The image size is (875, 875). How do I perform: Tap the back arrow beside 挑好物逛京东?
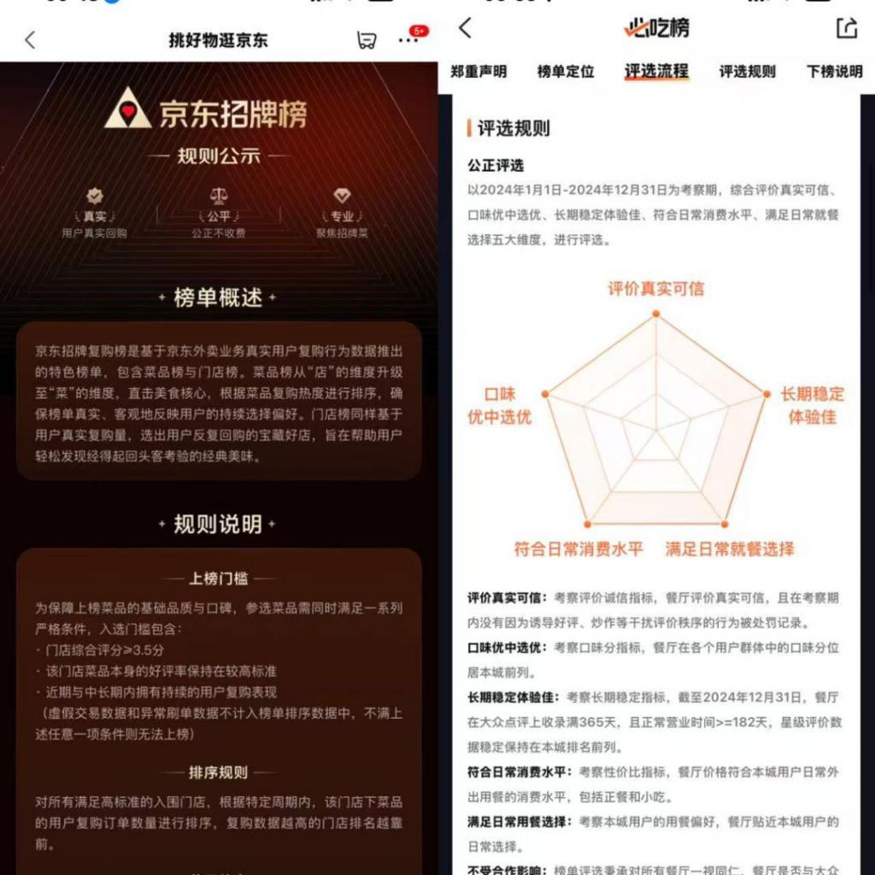pyautogui.click(x=30, y=40)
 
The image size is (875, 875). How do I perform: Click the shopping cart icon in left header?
pyautogui.click(x=367, y=40)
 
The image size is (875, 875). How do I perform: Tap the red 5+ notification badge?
pyautogui.click(x=418, y=32)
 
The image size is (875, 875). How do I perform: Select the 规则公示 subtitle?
pyautogui.click(x=218, y=156)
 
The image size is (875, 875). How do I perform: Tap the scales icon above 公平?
pyautogui.click(x=218, y=197)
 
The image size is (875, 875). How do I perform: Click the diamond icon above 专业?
pyautogui.click(x=342, y=197)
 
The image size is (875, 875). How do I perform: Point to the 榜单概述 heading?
pyautogui.click(x=218, y=297)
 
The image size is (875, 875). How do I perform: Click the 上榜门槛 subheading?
pyautogui.click(x=218, y=578)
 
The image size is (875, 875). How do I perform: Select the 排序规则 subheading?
pyautogui.click(x=218, y=772)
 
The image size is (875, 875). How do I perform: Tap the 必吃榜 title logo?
pyautogui.click(x=656, y=28)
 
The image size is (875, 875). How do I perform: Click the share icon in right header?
pyautogui.click(x=846, y=28)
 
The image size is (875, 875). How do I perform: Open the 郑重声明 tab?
pyautogui.click(x=479, y=72)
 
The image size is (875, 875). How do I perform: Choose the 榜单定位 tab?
pyautogui.click(x=566, y=72)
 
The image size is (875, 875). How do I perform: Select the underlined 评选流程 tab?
pyautogui.click(x=656, y=72)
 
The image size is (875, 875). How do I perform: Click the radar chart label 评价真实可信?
pyautogui.click(x=656, y=289)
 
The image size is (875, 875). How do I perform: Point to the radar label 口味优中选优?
pyautogui.click(x=501, y=406)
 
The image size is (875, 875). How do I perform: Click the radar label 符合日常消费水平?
pyautogui.click(x=578, y=549)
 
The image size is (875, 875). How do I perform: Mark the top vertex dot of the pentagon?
pyautogui.click(x=656, y=314)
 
